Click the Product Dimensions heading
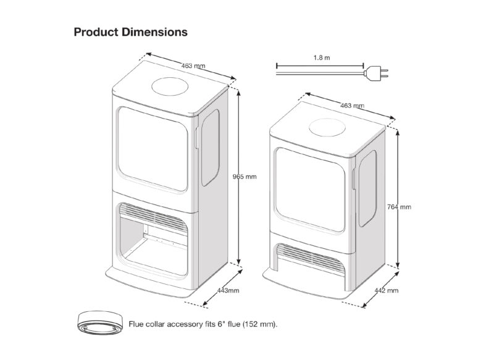point(130,31)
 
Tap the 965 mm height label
point(243,177)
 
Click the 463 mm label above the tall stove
point(193,65)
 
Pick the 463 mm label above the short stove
point(352,106)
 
